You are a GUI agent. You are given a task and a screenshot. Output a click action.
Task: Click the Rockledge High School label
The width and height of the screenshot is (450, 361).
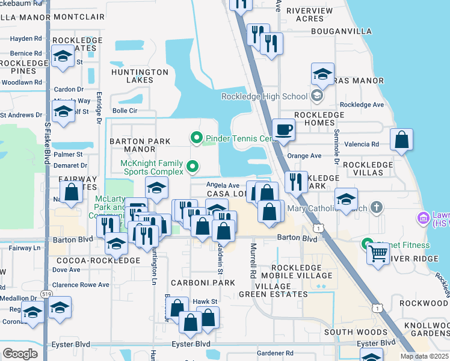pyautogui.click(x=264, y=96)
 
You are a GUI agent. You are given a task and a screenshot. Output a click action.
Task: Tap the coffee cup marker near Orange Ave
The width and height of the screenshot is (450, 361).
pyautogui.click(x=283, y=129)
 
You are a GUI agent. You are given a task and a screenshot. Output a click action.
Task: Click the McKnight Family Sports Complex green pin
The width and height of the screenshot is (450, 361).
pyautogui.click(x=193, y=166)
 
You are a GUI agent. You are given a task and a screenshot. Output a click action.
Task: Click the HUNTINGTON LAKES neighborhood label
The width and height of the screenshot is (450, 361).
pyautogui.click(x=140, y=76)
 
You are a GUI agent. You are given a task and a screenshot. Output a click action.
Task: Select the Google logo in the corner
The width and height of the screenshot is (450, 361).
pyautogui.click(x=20, y=354)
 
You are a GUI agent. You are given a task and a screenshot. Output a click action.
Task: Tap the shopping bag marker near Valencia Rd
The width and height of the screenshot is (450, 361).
pyautogui.click(x=401, y=140)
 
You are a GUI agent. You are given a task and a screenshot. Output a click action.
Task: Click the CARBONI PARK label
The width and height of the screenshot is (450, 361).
pyautogui.click(x=202, y=282)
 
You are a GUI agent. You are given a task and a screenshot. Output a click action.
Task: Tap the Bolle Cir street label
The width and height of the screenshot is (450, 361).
pyautogui.click(x=125, y=111)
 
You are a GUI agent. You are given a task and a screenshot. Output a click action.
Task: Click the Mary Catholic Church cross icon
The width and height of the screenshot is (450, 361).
pyautogui.click(x=377, y=208)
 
